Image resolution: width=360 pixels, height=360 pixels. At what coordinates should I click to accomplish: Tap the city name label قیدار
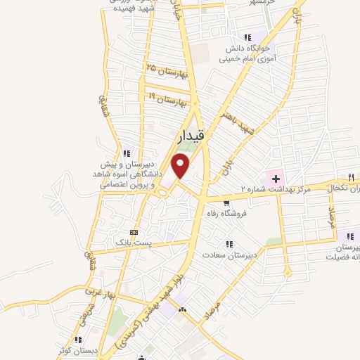coord(188,139)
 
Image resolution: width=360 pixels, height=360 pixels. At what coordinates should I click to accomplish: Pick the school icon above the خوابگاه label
coord(247,37)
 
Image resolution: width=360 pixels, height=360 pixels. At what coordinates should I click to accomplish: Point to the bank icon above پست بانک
coord(134,232)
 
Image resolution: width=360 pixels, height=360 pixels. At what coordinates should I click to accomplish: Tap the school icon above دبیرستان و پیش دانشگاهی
coord(127,153)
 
